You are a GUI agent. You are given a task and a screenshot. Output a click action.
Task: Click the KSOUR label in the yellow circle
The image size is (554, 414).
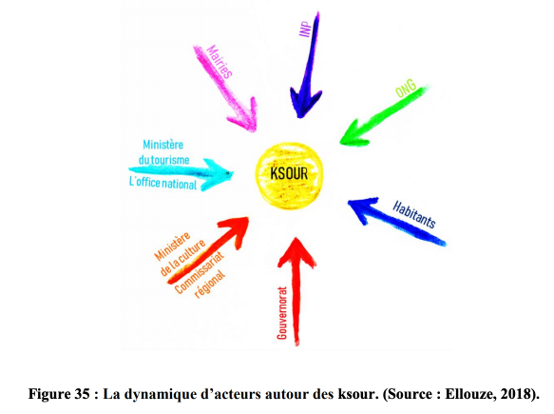289,173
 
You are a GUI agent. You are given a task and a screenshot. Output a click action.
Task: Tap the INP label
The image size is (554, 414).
306,29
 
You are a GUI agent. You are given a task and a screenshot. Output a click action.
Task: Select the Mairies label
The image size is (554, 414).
220,61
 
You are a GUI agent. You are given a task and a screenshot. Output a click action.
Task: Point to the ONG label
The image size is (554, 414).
406,89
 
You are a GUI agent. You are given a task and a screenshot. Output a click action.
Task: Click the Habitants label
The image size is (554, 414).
414,214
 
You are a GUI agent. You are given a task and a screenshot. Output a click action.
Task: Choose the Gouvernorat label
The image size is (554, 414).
282,313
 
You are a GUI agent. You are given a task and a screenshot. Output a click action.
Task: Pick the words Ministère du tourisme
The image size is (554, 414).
163,152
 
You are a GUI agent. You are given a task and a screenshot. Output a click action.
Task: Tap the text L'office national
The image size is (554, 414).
162,183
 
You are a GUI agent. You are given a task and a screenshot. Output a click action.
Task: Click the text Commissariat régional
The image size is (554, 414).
201,275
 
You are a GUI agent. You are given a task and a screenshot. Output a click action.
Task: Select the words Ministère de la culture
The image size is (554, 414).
180,254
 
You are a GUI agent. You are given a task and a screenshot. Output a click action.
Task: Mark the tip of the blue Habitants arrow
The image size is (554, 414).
349,202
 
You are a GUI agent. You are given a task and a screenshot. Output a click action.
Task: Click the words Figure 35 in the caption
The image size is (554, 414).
59,394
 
